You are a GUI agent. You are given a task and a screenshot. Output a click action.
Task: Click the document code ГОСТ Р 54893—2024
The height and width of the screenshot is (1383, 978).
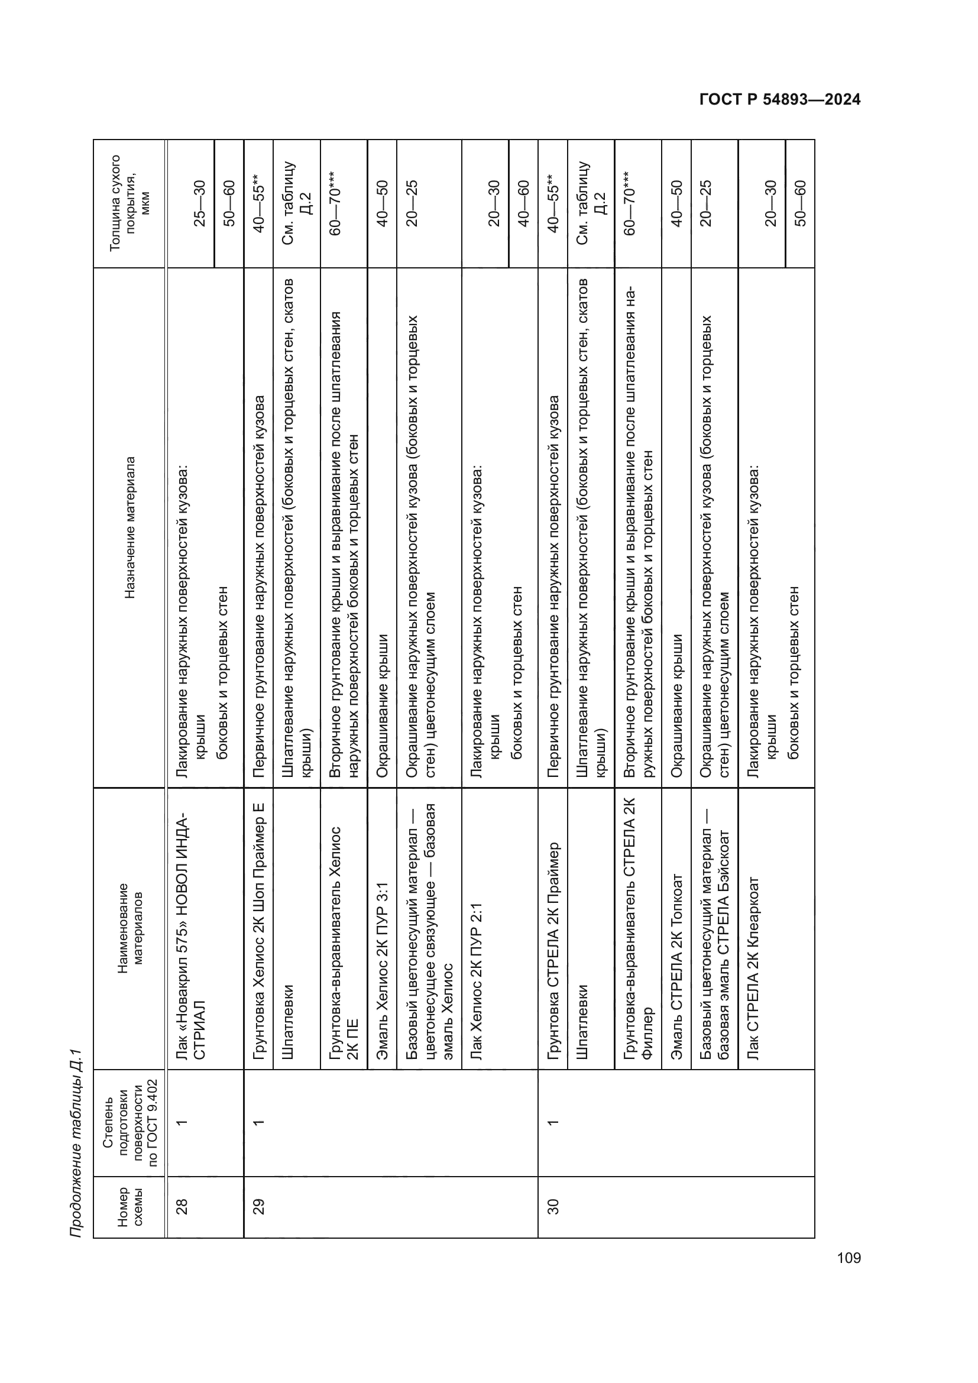point(780,100)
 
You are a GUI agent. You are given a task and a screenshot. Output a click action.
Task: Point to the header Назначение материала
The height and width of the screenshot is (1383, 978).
point(129,527)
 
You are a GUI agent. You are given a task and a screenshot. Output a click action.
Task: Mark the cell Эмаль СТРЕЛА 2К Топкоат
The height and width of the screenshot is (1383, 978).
point(676,966)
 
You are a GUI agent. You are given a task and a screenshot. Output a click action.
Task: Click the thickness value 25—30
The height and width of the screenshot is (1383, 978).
point(199,203)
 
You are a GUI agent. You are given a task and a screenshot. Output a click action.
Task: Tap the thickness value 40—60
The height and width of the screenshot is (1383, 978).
point(523,203)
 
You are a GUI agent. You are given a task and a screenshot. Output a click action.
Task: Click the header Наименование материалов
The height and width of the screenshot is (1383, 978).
point(129,928)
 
